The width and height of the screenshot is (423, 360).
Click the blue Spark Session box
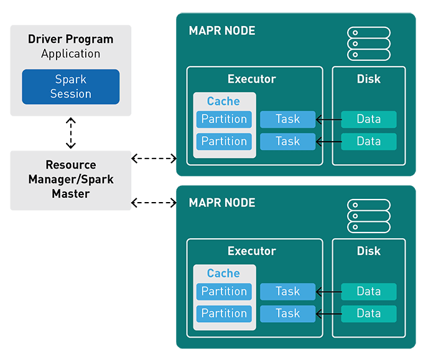[71, 86]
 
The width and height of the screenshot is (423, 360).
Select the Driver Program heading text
[71, 39]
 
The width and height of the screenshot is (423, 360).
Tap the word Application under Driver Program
[71, 53]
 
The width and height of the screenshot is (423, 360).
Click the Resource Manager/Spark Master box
[71, 180]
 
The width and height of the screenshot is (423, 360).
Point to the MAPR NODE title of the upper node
[221, 31]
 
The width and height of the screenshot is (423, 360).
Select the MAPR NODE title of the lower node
[221, 203]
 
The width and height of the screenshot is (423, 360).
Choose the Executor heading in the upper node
[252, 79]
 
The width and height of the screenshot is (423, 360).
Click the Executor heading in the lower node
[252, 251]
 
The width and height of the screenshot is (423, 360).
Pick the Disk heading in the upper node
[369, 79]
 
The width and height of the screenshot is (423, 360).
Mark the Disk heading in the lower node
[369, 251]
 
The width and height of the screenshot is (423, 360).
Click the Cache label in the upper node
[223, 101]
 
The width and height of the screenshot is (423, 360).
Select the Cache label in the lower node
[223, 274]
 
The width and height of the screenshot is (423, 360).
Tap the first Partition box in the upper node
[224, 119]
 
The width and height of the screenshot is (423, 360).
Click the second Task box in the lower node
[287, 313]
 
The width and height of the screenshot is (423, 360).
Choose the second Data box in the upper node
[369, 142]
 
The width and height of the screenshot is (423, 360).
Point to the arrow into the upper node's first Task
[328, 119]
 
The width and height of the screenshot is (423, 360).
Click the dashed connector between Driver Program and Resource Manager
[71, 133]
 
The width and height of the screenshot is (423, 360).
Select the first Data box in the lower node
[369, 292]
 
